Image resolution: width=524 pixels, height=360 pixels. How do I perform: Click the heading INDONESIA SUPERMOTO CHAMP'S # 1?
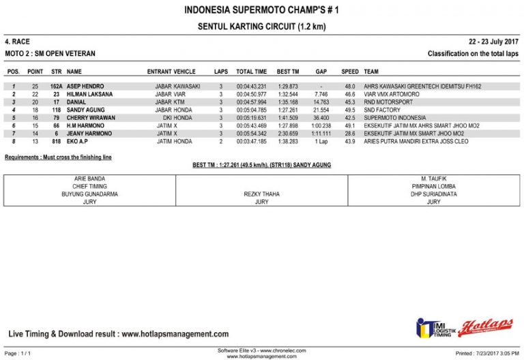tap(261, 10)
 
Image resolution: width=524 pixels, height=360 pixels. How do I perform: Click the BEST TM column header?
tap(288, 72)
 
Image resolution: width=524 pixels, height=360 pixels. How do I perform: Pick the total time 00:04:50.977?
tap(251, 94)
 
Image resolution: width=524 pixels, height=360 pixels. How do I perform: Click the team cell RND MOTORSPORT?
tap(388, 102)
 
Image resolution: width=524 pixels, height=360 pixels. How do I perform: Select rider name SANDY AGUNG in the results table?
tap(85, 110)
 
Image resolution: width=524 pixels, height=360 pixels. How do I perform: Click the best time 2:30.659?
tap(288, 134)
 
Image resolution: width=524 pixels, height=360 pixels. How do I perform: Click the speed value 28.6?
tap(349, 134)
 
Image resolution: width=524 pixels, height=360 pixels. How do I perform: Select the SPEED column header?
tap(350, 72)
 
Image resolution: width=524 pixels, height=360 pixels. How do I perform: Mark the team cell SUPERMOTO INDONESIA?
tap(395, 118)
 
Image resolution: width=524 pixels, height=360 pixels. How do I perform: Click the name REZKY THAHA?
tap(261, 194)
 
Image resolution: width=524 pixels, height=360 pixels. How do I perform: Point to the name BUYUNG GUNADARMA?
tap(89, 194)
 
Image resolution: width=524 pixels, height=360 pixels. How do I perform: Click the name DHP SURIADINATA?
tap(433, 194)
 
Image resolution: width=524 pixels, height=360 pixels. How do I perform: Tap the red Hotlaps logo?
tap(486, 328)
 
